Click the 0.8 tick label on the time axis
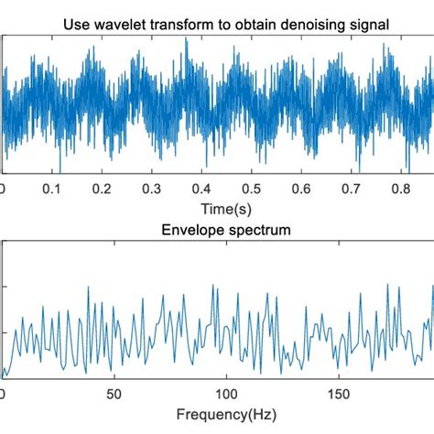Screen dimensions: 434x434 pyautogui.click(x=423, y=188)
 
